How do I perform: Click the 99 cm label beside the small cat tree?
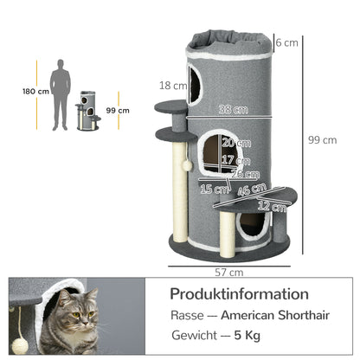(x=118, y=110)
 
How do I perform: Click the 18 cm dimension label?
(x=173, y=85)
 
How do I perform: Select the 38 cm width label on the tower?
(x=228, y=110)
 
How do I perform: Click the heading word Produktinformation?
(x=238, y=294)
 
